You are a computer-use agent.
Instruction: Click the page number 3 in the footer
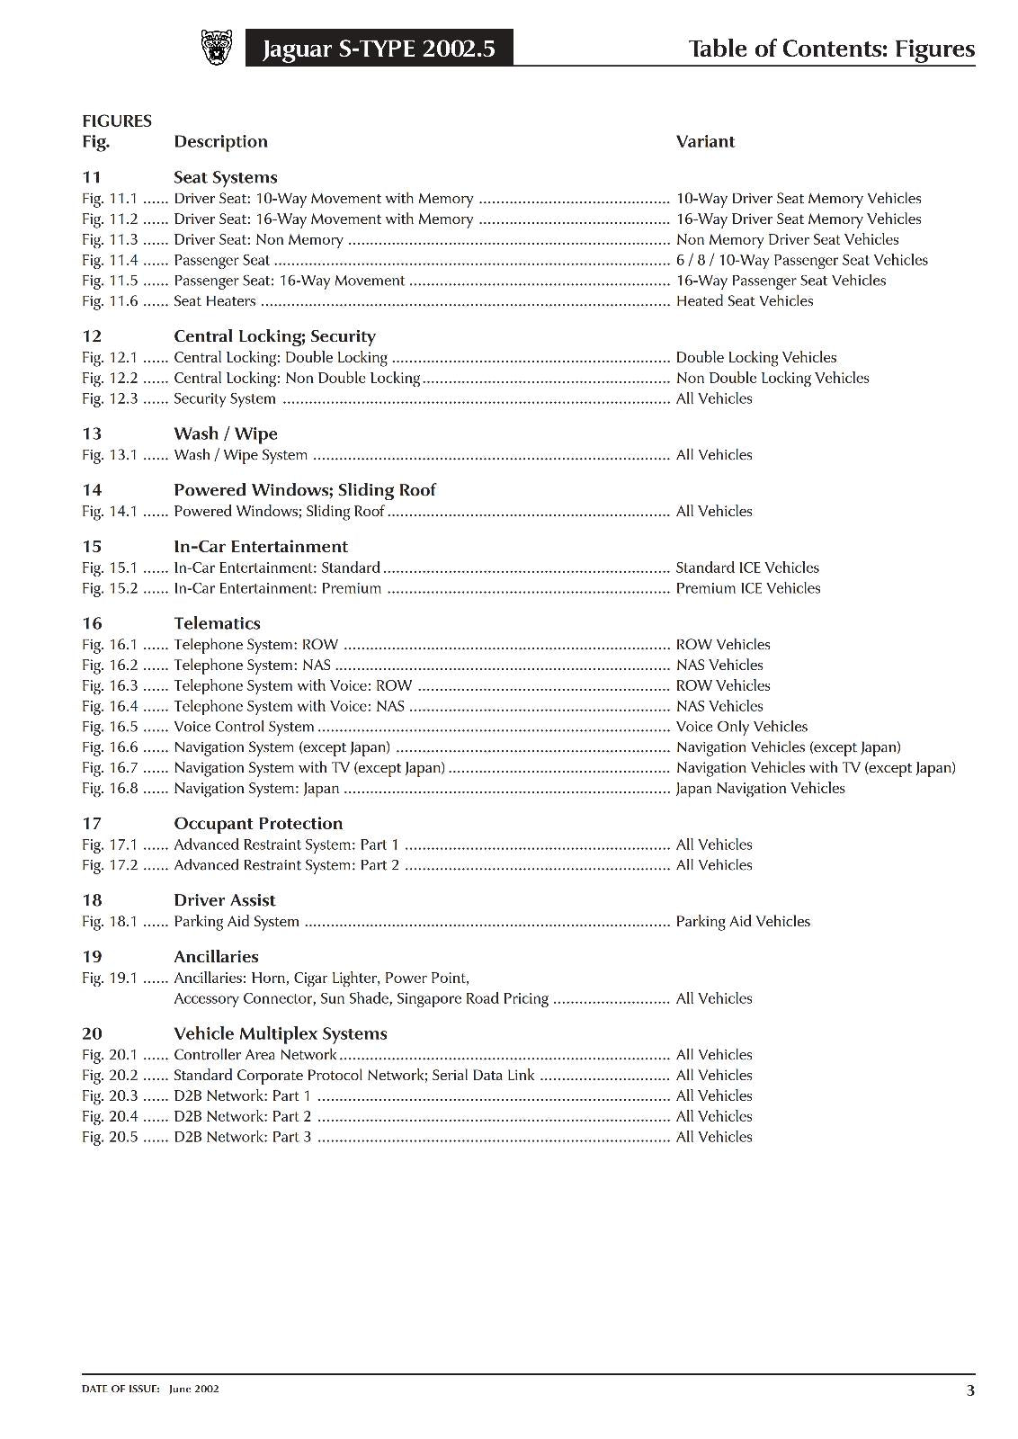pyautogui.click(x=969, y=1390)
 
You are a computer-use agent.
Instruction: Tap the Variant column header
pyautogui.click(x=705, y=141)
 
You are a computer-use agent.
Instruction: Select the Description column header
pyautogui.click(x=220, y=141)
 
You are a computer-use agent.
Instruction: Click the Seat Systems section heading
pyautogui.click(x=225, y=177)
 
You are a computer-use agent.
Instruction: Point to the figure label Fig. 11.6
pyautogui.click(x=110, y=301)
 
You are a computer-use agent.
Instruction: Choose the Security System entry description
pyautogui.click(x=224, y=398)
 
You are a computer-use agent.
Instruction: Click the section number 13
pyautogui.click(x=92, y=433)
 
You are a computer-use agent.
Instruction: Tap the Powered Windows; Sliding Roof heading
pyautogui.click(x=304, y=490)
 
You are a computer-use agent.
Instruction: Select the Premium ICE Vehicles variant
pyautogui.click(x=747, y=588)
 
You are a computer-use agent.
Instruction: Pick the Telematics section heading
pyautogui.click(x=217, y=623)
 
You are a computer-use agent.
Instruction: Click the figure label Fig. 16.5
pyautogui.click(x=110, y=727)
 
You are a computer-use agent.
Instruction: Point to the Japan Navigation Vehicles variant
pyautogui.click(x=760, y=789)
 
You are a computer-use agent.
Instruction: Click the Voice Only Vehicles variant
pyautogui.click(x=741, y=727)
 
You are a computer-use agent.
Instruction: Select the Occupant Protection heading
pyautogui.click(x=258, y=824)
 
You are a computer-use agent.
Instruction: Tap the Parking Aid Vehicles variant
pyautogui.click(x=743, y=922)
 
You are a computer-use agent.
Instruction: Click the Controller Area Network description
pyautogui.click(x=254, y=1055)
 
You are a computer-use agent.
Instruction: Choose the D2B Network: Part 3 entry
pyautogui.click(x=242, y=1137)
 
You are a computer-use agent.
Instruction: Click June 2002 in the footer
pyautogui.click(x=193, y=1389)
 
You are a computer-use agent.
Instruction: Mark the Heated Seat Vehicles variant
pyautogui.click(x=744, y=301)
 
